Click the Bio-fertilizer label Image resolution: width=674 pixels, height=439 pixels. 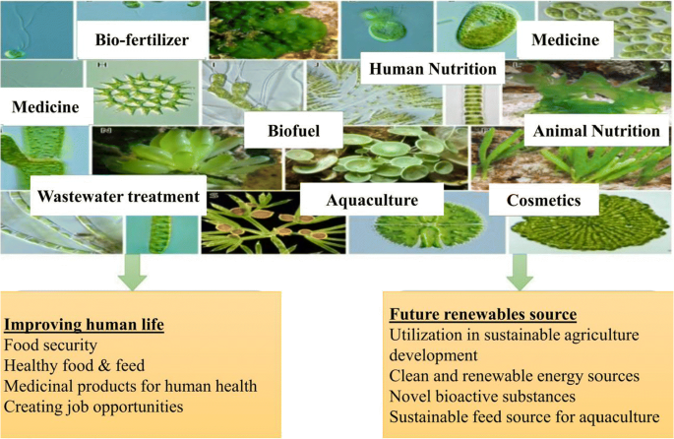pos(142,39)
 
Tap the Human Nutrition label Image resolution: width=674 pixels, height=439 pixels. pos(432,68)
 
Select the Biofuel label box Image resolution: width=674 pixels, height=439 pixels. pos(293,130)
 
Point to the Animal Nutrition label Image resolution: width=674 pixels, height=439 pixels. pos(596,130)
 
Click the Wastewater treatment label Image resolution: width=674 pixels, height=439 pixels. pos(118,196)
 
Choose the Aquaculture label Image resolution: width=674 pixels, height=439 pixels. pos(372,200)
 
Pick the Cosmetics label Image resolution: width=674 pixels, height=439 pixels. pos(543,200)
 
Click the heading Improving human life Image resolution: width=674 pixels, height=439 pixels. pos(84,324)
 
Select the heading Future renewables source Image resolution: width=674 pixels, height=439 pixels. pos(483,314)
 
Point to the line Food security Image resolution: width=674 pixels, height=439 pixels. pos(50,345)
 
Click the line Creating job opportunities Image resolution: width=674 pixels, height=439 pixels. pos(93,407)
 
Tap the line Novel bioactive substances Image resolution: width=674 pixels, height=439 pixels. pos(482,397)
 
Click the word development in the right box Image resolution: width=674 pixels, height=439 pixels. pos(433,355)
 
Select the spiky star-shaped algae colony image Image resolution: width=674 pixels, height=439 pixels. pos(143,93)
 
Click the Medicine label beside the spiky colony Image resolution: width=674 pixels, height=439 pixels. pos(45,106)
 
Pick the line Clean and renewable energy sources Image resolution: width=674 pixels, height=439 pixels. pos(514,376)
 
